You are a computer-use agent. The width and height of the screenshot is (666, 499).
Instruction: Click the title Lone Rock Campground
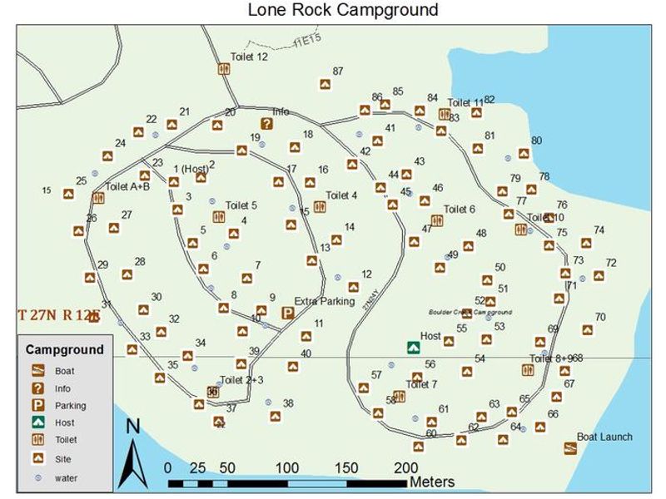coord(342,10)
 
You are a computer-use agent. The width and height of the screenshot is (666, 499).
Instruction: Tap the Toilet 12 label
coord(249,57)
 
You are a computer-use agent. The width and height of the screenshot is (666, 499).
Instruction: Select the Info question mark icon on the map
coord(266,124)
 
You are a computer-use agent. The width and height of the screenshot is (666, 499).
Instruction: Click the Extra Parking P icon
coord(287,313)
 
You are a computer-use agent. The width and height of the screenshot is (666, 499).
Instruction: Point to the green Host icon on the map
coord(411,347)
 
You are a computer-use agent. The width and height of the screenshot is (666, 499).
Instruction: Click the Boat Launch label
coord(604,437)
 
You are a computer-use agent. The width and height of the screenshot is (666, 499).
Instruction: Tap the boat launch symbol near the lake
coord(570,448)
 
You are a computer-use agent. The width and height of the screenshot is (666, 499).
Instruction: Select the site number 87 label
coord(337,72)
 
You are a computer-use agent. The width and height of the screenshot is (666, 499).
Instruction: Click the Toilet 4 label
coord(341,195)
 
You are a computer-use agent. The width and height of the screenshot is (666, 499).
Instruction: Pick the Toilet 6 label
coord(460,210)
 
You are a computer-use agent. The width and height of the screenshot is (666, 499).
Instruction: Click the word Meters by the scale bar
coord(431,482)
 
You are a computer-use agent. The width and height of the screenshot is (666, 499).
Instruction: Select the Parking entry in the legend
coord(70,406)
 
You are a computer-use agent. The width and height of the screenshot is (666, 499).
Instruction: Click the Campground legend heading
coord(65,349)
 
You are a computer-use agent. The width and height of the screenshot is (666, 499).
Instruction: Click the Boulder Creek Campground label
coord(470,313)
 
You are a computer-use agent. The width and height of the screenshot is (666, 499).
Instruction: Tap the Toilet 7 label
coord(421,384)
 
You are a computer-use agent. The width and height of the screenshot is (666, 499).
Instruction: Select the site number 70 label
coord(600,317)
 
